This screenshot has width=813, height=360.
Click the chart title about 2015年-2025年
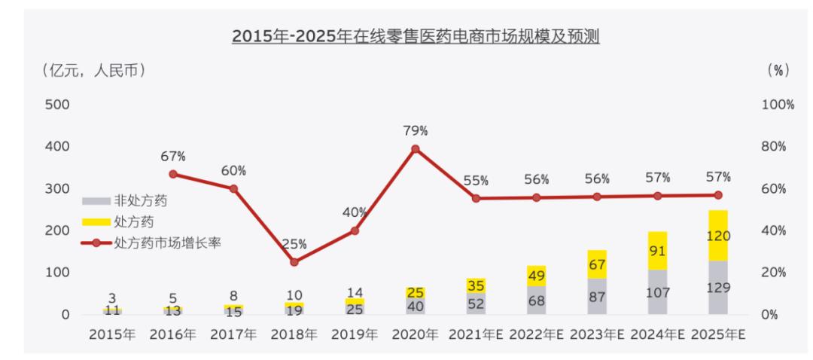[x=415, y=35]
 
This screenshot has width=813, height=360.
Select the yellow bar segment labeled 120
[x=718, y=235]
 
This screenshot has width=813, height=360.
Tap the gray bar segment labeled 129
[x=718, y=287]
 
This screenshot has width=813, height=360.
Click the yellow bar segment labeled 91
[x=658, y=250]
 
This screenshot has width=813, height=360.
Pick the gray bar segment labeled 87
[x=597, y=296]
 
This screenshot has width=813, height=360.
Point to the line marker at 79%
[x=416, y=149]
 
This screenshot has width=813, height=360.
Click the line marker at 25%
[x=294, y=262]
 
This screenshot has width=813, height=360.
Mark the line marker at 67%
[x=173, y=174]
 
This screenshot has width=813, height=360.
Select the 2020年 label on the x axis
[x=415, y=335]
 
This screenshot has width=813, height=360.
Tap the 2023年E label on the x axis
[x=597, y=335]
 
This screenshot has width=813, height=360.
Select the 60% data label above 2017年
[x=233, y=171]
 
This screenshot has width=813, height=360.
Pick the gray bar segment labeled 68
[x=537, y=300]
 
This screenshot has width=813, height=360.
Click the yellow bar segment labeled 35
[x=476, y=285]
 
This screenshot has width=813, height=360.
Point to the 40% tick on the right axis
[x=775, y=230]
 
